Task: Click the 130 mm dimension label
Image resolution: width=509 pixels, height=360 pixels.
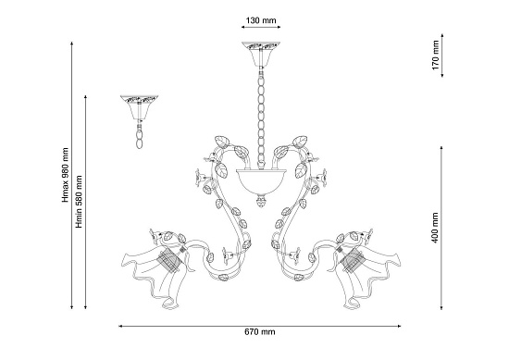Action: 261,20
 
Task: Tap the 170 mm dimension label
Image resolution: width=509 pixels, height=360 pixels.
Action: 435,55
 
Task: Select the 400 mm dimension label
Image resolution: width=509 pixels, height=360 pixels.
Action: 435,228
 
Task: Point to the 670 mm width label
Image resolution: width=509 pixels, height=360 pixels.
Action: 260,331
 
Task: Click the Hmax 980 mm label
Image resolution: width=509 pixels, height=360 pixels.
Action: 66,175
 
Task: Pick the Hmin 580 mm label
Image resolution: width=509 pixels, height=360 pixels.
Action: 79,202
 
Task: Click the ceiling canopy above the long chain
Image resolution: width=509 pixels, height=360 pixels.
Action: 261,54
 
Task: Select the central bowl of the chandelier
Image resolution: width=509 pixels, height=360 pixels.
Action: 261,181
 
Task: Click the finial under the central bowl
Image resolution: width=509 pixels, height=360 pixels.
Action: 261,201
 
